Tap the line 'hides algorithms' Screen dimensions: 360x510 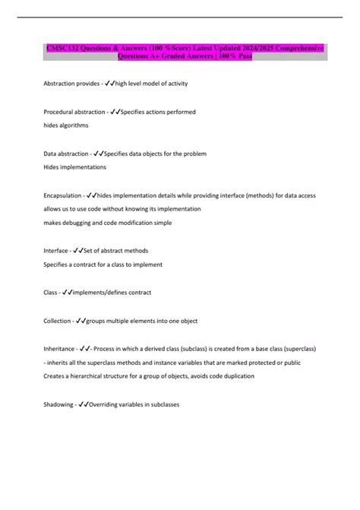click(66, 125)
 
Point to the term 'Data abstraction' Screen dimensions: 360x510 click(66, 154)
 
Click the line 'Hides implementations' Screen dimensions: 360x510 click(75, 166)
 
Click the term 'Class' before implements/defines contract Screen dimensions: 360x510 click(51, 293)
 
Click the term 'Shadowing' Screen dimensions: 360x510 click(58, 404)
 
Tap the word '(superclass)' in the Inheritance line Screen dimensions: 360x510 click(296, 348)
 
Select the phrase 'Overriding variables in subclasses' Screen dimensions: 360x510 click(134, 404)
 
